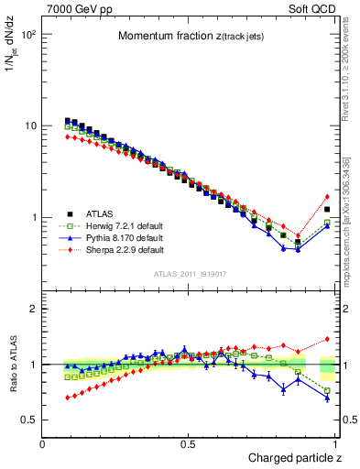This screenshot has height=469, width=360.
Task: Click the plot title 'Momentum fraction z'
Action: click(x=191, y=36)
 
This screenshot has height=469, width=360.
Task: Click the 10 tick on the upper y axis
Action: click(x=30, y=125)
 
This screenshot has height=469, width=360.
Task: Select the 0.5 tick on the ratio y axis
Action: click(x=30, y=420)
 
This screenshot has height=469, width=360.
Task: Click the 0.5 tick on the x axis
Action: click(x=188, y=444)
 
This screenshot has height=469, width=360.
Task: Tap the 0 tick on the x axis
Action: click(x=43, y=444)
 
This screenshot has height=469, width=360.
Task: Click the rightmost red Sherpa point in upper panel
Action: click(x=327, y=196)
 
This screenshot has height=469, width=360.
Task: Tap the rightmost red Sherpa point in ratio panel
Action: click(x=327, y=339)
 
